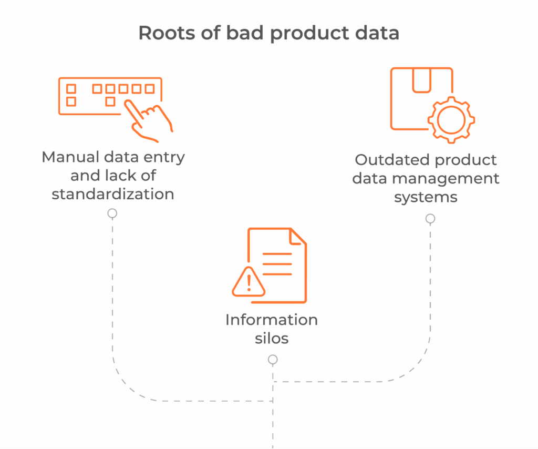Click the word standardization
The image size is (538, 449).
pyautogui.click(x=113, y=193)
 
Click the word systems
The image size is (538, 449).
pyautogui.click(x=426, y=197)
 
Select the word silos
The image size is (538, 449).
pyautogui.click(x=272, y=338)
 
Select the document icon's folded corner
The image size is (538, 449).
pyautogui.click(x=298, y=236)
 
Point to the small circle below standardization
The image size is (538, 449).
pyautogui.click(x=112, y=213)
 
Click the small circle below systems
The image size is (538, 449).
pyautogui.click(x=430, y=218)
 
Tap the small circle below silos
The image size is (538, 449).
pyautogui.click(x=272, y=360)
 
